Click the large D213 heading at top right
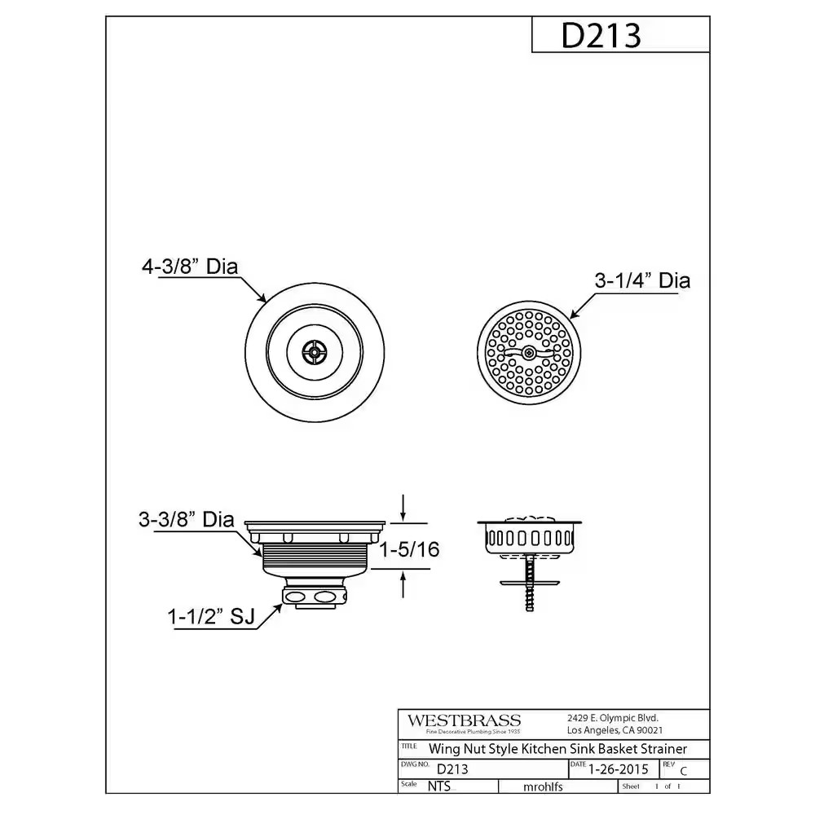tap(601, 35)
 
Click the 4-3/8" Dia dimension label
tap(195, 266)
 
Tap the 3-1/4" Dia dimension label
tap(641, 281)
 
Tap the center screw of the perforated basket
tap(530, 353)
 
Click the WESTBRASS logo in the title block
tap(464, 720)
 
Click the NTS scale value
tap(438, 786)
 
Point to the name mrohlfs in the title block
tap(542, 786)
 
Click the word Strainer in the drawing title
tap(658, 748)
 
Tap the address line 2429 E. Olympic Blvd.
tap(612, 718)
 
